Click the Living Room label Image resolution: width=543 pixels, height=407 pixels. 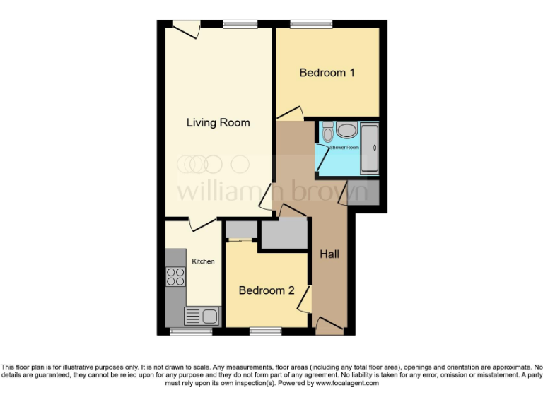[x=218, y=123]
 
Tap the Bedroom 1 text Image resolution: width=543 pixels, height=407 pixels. [x=327, y=73]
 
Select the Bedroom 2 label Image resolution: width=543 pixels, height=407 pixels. [x=266, y=290]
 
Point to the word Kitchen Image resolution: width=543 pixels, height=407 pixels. [x=203, y=261]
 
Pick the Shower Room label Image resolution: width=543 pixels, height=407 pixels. [x=344, y=148]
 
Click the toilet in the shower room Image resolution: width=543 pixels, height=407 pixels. [x=327, y=132]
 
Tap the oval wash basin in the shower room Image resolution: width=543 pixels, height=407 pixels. [x=346, y=130]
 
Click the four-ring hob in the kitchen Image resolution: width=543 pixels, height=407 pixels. [x=175, y=277]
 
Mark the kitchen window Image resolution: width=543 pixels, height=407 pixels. [x=191, y=331]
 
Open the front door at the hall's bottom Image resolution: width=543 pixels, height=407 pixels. [x=329, y=326]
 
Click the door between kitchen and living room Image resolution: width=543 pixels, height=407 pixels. [x=202, y=223]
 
